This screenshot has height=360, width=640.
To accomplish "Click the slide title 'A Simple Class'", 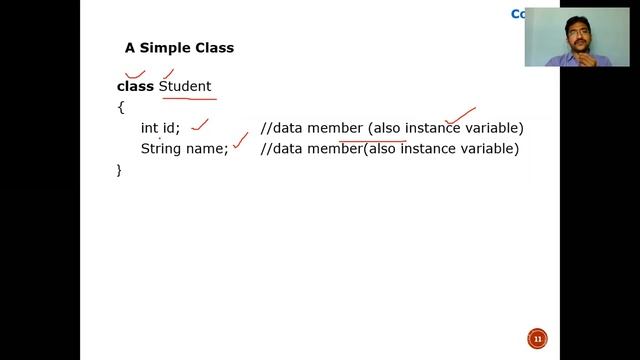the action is click(179, 47).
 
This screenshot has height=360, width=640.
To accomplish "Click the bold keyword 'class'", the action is click(135, 87).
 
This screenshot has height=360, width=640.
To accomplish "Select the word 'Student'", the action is click(185, 87).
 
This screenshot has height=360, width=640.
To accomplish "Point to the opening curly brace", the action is click(120, 107).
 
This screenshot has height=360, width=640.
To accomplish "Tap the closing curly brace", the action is click(120, 170).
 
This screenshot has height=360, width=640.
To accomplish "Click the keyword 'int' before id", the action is click(150, 128).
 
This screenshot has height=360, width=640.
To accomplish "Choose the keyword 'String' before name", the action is click(162, 149).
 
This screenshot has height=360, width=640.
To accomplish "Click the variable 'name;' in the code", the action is click(208, 149).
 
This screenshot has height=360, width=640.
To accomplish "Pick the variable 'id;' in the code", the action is click(172, 128).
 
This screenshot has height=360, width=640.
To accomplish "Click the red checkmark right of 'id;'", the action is click(200, 124).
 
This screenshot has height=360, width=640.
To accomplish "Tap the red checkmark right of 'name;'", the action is click(240, 147).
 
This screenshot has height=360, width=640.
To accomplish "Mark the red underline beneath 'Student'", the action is click(188, 99).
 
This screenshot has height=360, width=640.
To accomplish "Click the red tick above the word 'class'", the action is click(134, 73).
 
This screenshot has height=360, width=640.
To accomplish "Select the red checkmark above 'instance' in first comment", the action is click(460, 117).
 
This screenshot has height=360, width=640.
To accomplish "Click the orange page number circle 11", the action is click(536, 338).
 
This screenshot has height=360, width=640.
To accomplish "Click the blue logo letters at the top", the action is click(518, 14).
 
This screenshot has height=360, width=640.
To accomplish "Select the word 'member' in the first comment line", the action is click(334, 128).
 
